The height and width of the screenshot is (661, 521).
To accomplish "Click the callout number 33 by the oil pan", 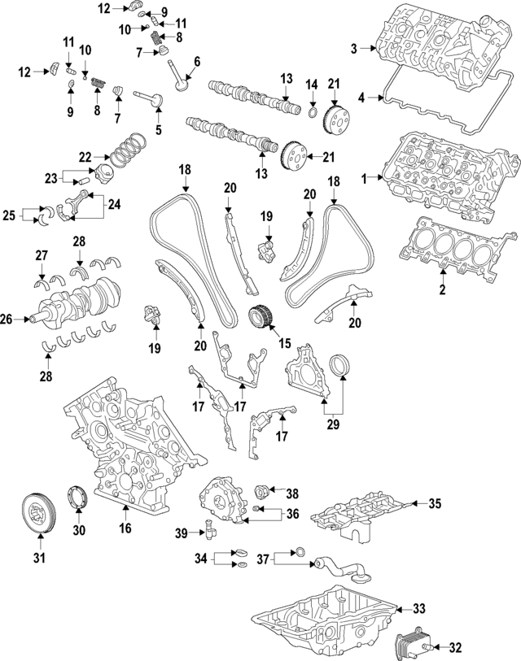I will click(x=418, y=607).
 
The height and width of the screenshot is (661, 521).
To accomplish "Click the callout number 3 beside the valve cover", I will click(x=354, y=50).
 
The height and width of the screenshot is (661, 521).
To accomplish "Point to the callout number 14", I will click(x=311, y=84).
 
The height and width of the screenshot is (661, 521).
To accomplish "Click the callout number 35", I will click(x=436, y=504).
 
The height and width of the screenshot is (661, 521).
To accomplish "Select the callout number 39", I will click(x=182, y=533).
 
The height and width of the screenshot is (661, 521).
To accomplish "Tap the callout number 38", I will click(x=292, y=492).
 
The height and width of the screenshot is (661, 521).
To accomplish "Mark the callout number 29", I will click(x=332, y=423).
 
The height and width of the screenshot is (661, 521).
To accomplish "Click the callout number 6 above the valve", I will click(x=196, y=61).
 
